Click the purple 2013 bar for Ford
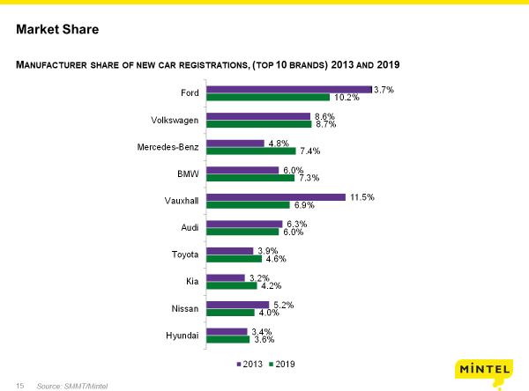click(x=288, y=89)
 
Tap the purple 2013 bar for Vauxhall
click(x=275, y=197)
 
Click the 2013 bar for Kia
click(x=225, y=277)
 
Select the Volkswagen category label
click(x=175, y=120)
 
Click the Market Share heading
click(x=57, y=30)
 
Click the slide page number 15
click(x=19, y=386)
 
